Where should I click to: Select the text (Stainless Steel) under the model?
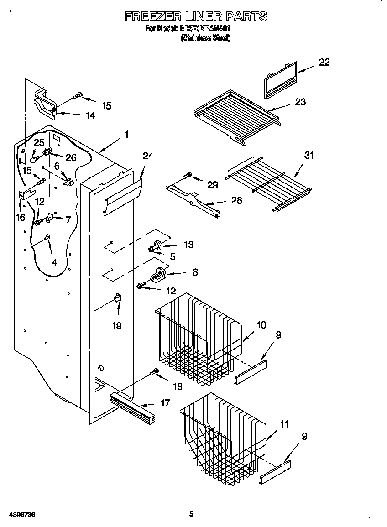(x=205, y=38)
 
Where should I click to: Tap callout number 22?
(x=324, y=63)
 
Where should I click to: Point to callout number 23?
(x=300, y=102)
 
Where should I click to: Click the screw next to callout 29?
(x=187, y=175)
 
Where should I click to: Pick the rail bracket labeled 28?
(x=194, y=198)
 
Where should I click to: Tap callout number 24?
(x=148, y=156)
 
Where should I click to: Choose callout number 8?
(x=195, y=272)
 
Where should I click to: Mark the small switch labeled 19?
(x=117, y=299)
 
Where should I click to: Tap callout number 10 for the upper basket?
(x=261, y=325)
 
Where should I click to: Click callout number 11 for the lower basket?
(x=284, y=424)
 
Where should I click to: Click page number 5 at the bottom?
(x=192, y=514)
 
